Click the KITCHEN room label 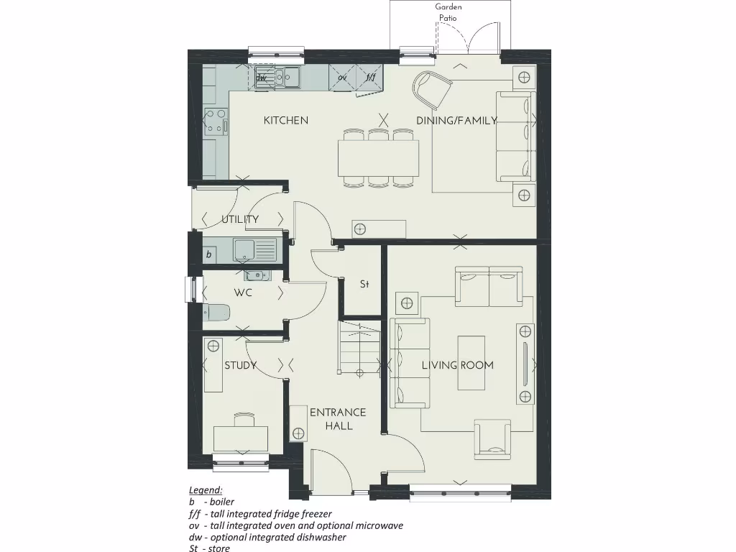[x=285, y=120]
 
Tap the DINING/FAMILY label [x=456, y=121]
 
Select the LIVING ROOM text [x=457, y=365]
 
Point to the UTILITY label [x=240, y=219]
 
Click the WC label [x=242, y=293]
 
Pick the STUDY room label [x=240, y=365]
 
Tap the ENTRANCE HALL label [x=338, y=419]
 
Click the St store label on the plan [x=364, y=285]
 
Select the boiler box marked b [x=209, y=254]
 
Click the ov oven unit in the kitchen [x=343, y=76]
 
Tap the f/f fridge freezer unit [x=370, y=76]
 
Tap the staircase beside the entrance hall [x=359, y=347]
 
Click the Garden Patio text [x=448, y=12]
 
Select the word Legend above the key [x=206, y=489]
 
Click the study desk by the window [x=241, y=438]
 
